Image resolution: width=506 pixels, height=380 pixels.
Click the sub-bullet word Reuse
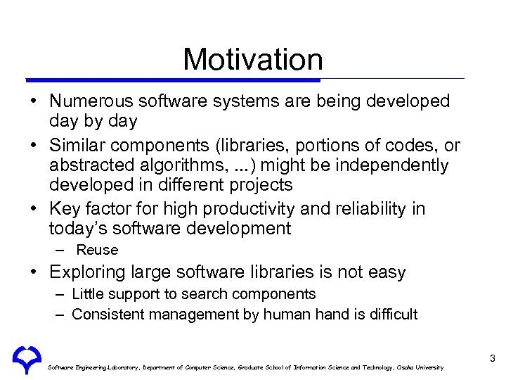click(97, 250)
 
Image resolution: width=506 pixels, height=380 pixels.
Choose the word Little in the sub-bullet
click(87, 294)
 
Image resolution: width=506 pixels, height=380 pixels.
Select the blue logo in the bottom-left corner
click(26, 360)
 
